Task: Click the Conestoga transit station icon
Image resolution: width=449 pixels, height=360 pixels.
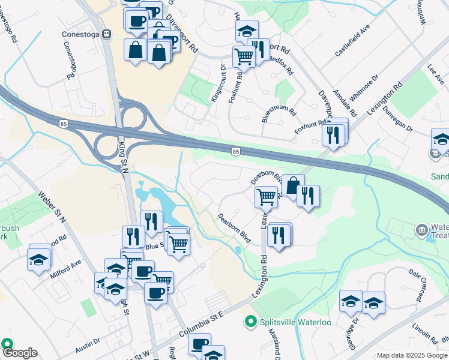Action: pyautogui.click(x=107, y=34)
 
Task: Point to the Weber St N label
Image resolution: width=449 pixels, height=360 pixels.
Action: pyautogui.click(x=52, y=207)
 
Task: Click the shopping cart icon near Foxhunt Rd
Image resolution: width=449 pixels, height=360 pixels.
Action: pyautogui.click(x=243, y=57)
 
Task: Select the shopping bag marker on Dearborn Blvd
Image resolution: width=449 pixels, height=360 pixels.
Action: pyautogui.click(x=292, y=186)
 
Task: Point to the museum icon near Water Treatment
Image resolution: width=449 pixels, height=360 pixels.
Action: pyautogui.click(x=421, y=230)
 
